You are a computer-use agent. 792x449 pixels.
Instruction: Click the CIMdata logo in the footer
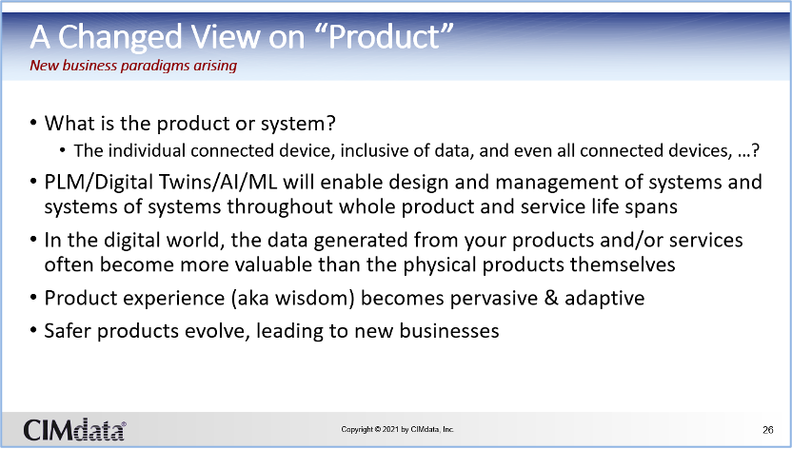pyautogui.click(x=74, y=430)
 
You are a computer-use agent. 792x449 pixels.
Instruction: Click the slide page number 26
pyautogui.click(x=768, y=430)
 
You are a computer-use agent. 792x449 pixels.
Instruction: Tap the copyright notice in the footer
pyautogui.click(x=398, y=429)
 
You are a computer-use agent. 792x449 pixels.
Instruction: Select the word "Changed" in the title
pyautogui.click(x=120, y=37)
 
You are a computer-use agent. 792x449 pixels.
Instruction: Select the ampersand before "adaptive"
pyautogui.click(x=551, y=298)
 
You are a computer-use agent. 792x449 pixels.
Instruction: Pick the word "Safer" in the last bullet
pyautogui.click(x=69, y=331)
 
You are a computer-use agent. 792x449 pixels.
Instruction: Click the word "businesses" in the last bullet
pyautogui.click(x=449, y=331)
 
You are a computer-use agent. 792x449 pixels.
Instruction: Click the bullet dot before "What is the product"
pyautogui.click(x=33, y=123)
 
